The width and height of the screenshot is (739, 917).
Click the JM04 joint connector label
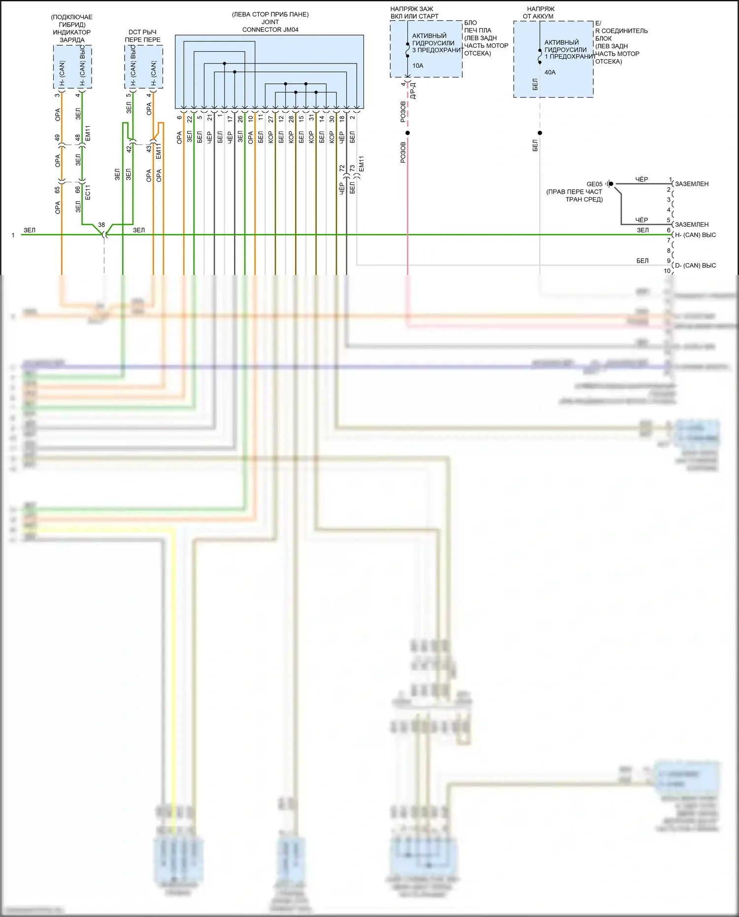point(270,30)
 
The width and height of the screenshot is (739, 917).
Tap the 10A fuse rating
point(418,66)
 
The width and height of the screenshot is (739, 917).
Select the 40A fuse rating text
point(550,72)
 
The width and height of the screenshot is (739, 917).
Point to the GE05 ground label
point(594,184)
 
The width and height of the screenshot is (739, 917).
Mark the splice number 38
point(101,225)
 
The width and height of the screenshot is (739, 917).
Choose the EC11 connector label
point(88,193)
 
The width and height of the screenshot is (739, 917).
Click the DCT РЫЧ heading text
point(142,32)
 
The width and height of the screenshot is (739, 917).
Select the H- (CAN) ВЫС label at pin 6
point(695,235)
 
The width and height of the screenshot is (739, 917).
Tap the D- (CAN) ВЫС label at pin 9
point(695,266)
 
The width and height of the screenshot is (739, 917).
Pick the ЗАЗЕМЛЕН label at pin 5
point(692,225)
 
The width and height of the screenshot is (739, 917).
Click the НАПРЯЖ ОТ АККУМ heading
point(540,12)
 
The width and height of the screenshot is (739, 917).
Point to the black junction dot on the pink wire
point(407,133)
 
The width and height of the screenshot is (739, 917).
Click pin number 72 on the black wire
point(342,169)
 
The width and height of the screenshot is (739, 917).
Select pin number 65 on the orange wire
point(58,189)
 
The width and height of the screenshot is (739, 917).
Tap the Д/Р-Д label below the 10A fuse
point(413,91)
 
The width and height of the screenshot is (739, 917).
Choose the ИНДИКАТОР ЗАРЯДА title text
point(72,36)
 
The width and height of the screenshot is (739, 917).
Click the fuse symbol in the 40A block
point(540,56)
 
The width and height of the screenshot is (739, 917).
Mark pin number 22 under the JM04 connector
point(190,119)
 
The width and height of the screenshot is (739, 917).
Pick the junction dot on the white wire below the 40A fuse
point(540,133)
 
